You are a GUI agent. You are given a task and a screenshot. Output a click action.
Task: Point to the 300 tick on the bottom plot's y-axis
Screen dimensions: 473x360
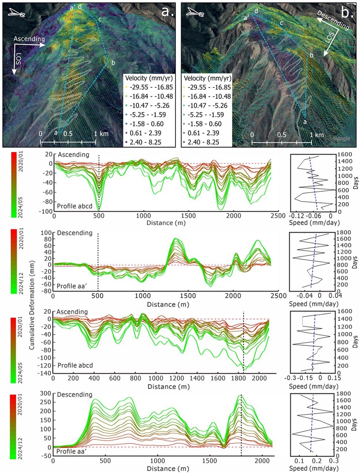pyautogui.click(x=46, y=394)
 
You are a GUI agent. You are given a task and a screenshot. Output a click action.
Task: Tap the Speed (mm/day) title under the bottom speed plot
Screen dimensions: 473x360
pyautogui.click(x=313, y=468)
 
